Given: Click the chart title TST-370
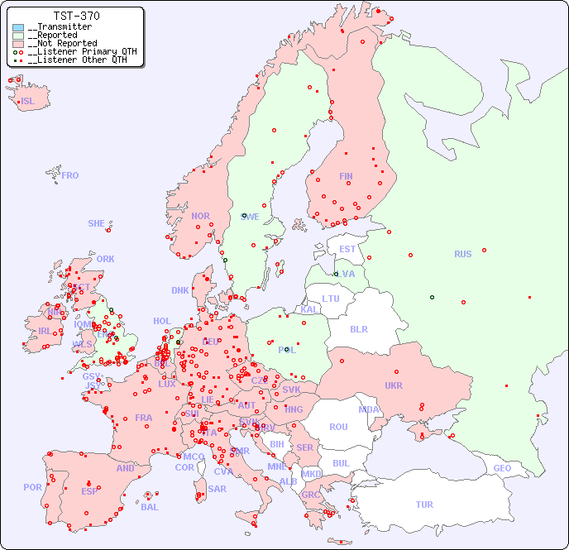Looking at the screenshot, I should pos(76,16).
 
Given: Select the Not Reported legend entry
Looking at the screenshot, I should pos(61,43).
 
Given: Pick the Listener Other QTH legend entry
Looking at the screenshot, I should pos(77,60).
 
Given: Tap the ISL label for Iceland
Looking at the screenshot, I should pos(28,102).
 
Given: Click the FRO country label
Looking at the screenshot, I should pos(70,175).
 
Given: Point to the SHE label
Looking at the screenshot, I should pos(97,223).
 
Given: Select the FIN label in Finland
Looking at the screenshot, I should pos(346,176).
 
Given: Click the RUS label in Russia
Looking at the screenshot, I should pos(462,254).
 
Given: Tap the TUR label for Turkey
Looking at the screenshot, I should pos(424,505).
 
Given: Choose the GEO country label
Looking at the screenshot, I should pos(502,468).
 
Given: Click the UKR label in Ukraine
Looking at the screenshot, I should pos(394,385).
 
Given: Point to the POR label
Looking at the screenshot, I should pos(32,487).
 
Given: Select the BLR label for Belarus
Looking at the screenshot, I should pos(358,328).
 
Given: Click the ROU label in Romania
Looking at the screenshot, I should pos(338,427).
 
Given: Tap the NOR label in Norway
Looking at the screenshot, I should pos(200,216).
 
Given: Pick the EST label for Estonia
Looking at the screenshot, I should pos(347,249).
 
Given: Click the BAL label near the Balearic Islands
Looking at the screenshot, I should pos(150,507).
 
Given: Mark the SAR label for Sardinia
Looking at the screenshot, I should pos(217,489).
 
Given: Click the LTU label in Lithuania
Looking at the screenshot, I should pos(331,299).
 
